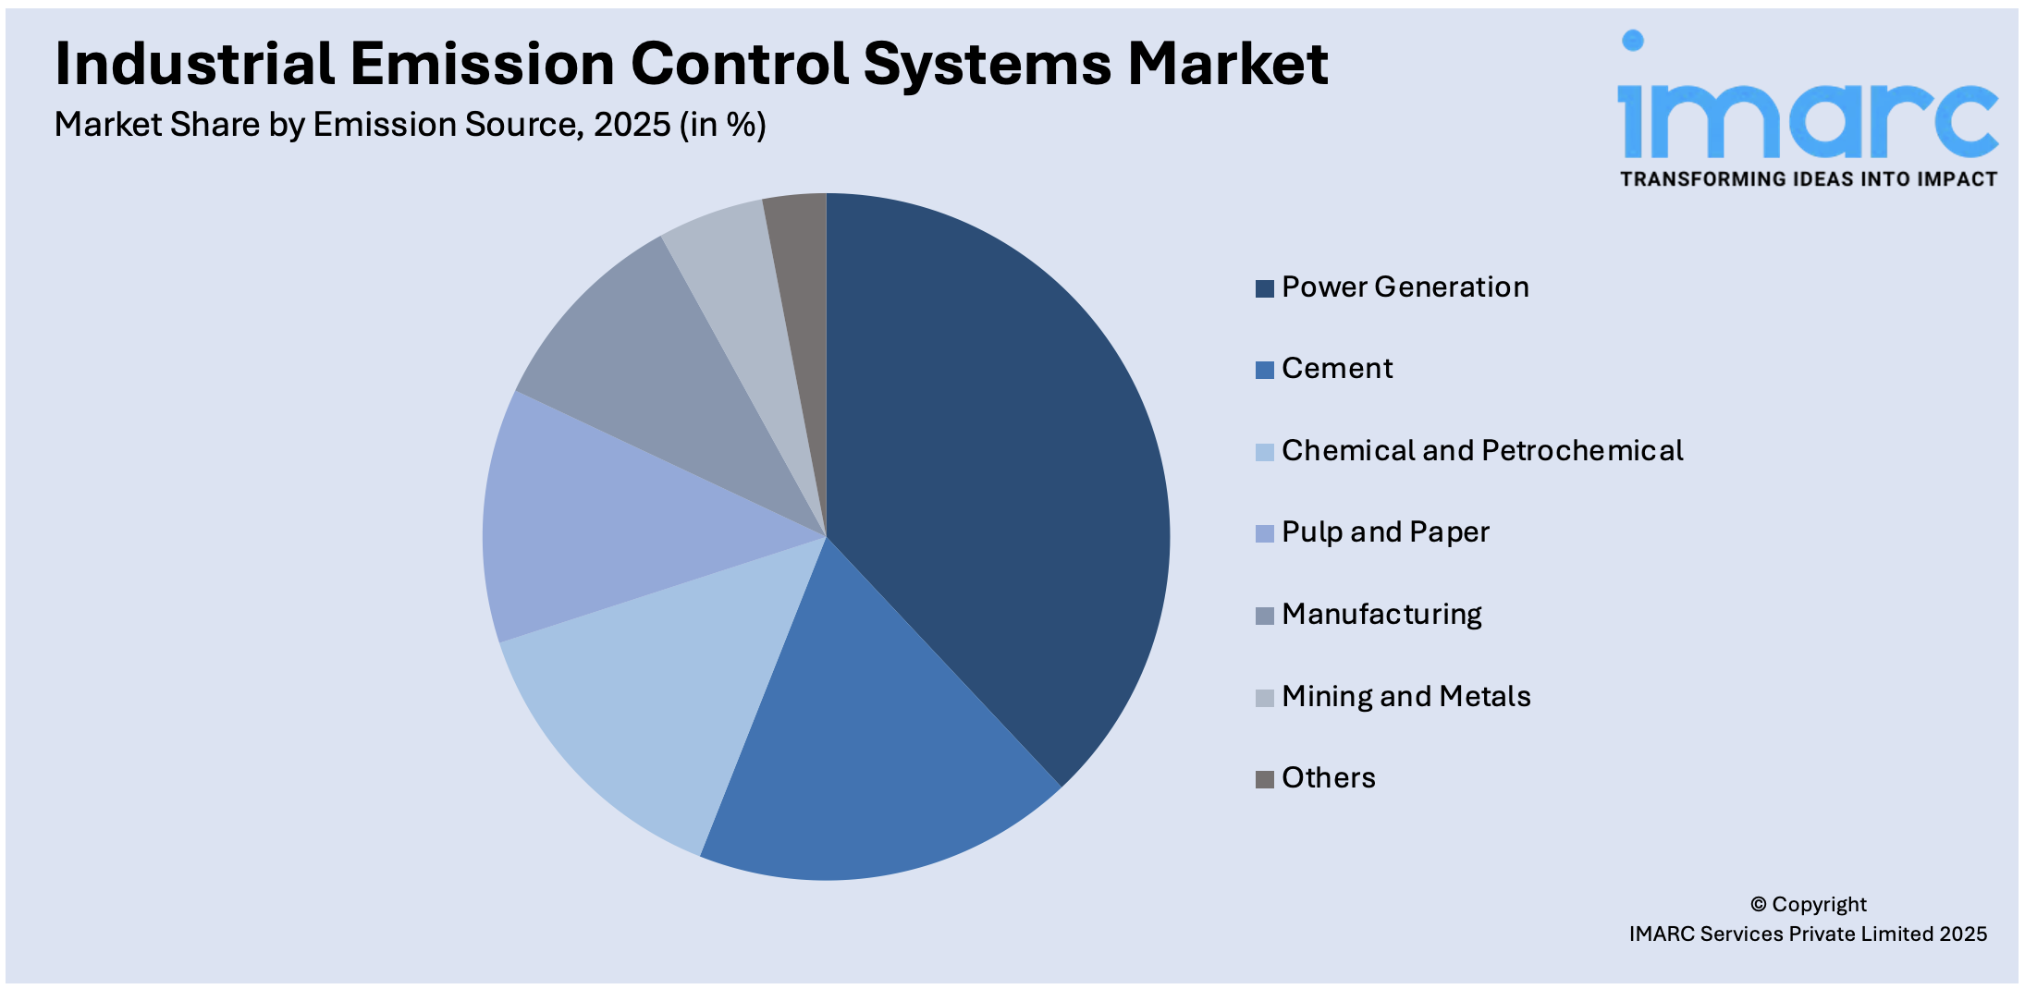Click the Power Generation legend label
(1405, 287)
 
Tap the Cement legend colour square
(1264, 370)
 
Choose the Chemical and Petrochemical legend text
(1481, 451)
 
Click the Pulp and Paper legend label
(1385, 532)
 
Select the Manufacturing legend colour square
(1264, 616)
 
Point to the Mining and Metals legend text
(1405, 696)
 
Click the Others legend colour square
(1264, 779)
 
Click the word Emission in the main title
(481, 65)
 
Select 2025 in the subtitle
(632, 125)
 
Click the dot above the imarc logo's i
(1633, 40)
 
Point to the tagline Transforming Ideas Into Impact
(1808, 179)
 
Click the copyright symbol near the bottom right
(1758, 905)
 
